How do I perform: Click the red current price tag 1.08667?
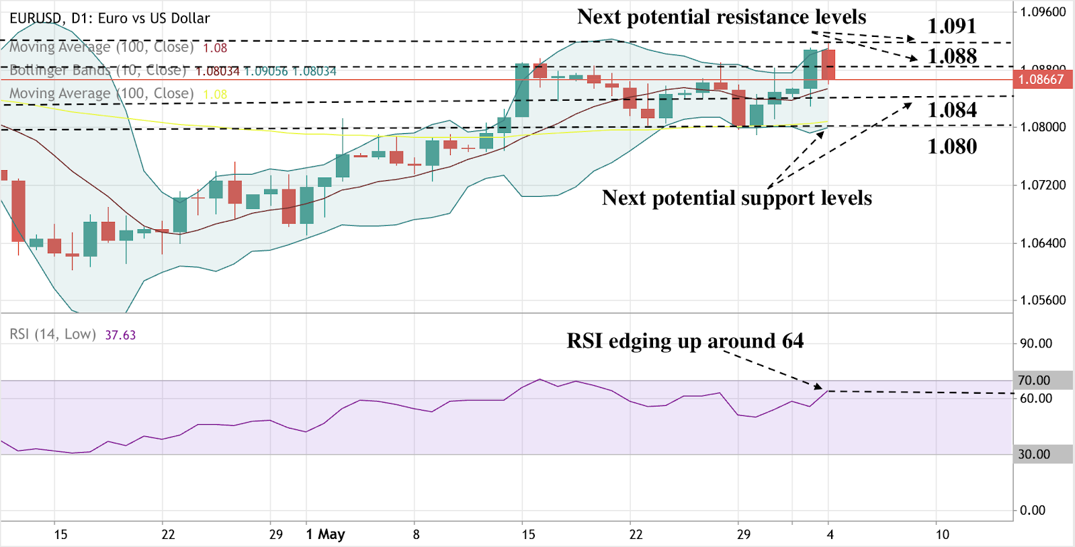(x=1041, y=79)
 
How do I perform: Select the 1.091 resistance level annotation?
(x=951, y=26)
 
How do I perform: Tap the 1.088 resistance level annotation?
(x=951, y=56)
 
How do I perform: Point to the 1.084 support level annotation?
(x=951, y=110)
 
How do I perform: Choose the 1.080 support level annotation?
(x=951, y=146)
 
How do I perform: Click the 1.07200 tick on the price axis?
(x=1043, y=185)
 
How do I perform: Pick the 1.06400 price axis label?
(x=1043, y=243)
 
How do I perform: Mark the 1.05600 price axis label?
(x=1043, y=300)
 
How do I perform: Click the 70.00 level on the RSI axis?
(x=1034, y=380)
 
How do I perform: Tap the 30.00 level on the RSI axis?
(x=1034, y=454)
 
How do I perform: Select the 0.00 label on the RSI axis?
(x=1033, y=510)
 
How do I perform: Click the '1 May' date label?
(x=325, y=534)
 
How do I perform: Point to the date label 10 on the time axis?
(x=943, y=534)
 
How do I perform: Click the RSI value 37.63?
(x=120, y=335)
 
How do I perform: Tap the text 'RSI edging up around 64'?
(x=685, y=341)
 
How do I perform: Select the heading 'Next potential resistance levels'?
(x=722, y=17)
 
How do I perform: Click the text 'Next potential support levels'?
(x=736, y=198)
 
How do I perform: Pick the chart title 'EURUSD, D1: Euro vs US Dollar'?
(x=110, y=18)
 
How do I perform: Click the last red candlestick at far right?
(x=828, y=65)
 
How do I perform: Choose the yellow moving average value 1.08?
(x=215, y=94)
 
